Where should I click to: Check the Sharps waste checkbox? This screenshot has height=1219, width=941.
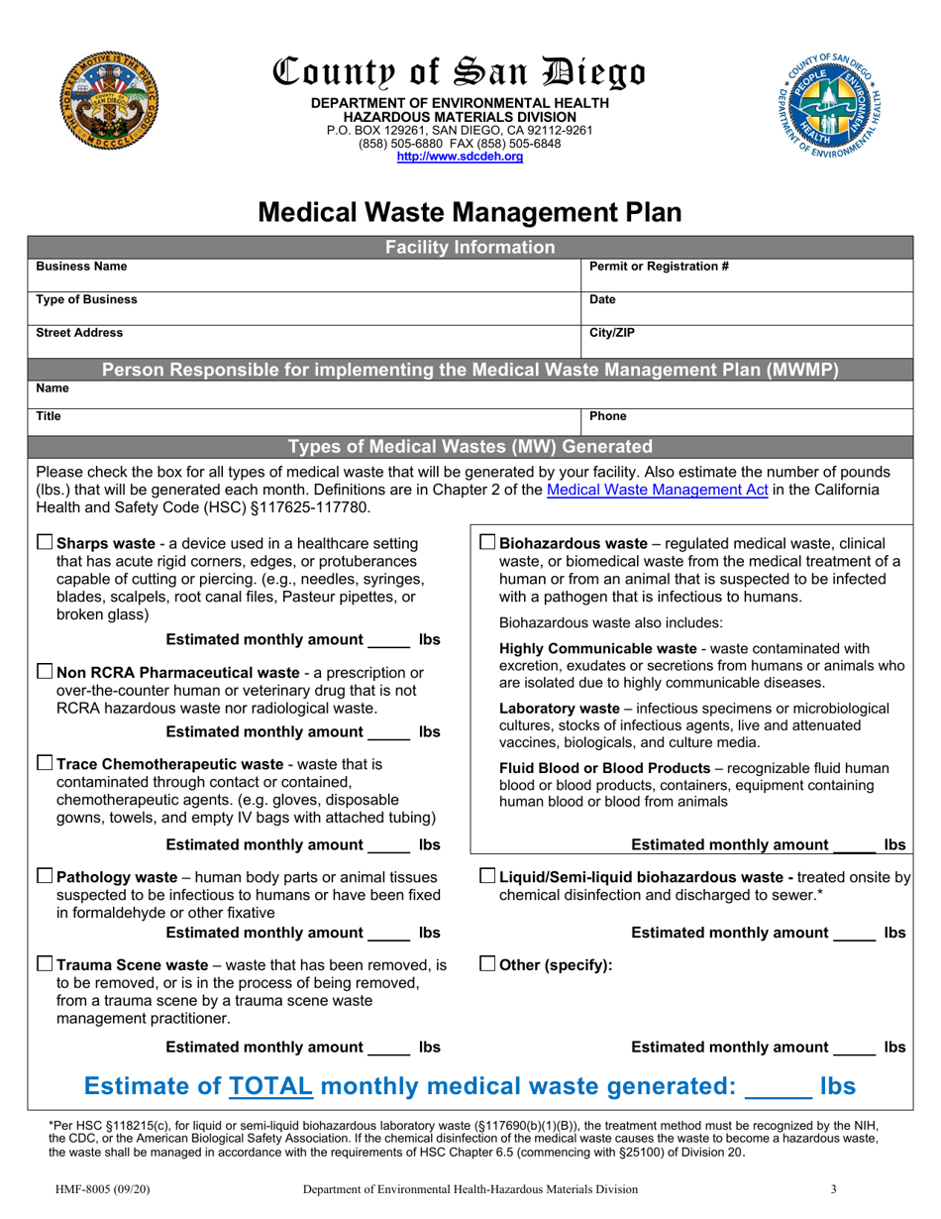[45, 542]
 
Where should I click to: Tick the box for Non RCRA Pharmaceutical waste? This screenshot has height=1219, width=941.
[45, 672]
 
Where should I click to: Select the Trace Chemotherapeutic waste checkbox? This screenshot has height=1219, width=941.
[45, 763]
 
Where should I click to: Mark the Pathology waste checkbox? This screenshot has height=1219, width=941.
[45, 876]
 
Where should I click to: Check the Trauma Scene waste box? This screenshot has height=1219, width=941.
[45, 964]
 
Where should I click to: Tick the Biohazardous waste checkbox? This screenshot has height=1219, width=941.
[487, 542]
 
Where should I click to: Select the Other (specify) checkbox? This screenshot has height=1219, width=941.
[487, 964]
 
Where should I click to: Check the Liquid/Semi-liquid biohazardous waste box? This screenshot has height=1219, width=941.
[487, 876]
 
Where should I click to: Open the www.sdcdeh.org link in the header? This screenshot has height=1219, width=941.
[460, 157]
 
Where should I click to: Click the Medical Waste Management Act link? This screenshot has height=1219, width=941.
[657, 490]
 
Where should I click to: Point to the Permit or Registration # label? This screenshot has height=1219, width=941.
[659, 267]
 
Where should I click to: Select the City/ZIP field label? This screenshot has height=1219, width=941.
[611, 333]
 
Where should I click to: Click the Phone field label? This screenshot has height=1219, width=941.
[607, 417]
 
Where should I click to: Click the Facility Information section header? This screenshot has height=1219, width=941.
[470, 247]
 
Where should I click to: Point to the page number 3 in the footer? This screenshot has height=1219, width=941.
[835, 1188]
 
